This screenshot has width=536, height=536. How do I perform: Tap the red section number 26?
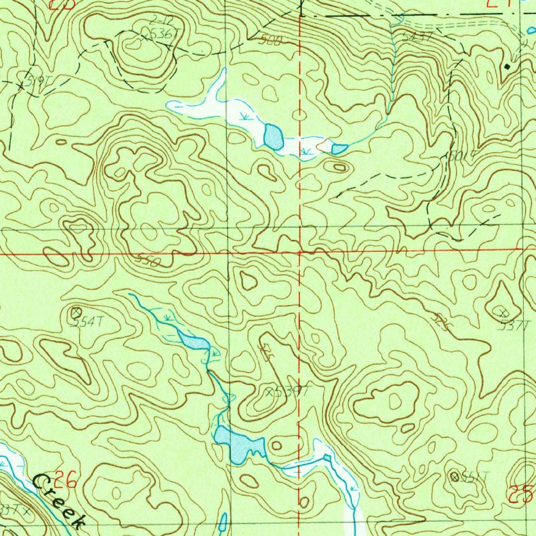[x=66, y=478]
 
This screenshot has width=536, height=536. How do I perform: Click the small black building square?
[x=507, y=67]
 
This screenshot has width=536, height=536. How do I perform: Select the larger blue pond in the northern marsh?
[x=273, y=137]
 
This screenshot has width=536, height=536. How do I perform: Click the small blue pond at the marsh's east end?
[x=339, y=149]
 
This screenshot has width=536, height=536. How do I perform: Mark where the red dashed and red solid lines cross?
[x=299, y=252]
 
